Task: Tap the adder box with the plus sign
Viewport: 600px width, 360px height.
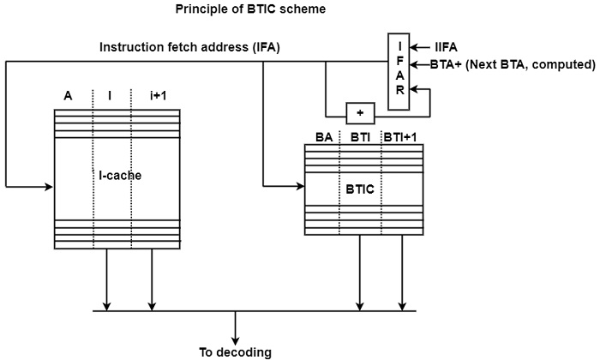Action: [x=360, y=113]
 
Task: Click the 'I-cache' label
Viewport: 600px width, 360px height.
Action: [x=119, y=176]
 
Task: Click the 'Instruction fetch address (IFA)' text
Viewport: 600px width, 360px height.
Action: [x=189, y=46]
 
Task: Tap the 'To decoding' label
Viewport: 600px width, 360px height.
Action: [x=235, y=351]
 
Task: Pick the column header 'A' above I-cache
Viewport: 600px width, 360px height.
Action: [x=68, y=95]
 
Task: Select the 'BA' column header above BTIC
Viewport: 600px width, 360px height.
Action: [x=324, y=137]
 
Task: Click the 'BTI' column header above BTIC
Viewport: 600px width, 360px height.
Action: [x=360, y=137]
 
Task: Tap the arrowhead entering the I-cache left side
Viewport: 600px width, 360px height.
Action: [x=49, y=184]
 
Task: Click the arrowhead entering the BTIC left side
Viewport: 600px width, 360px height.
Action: [x=299, y=184]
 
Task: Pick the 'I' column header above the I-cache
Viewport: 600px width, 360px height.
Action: [x=110, y=95]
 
